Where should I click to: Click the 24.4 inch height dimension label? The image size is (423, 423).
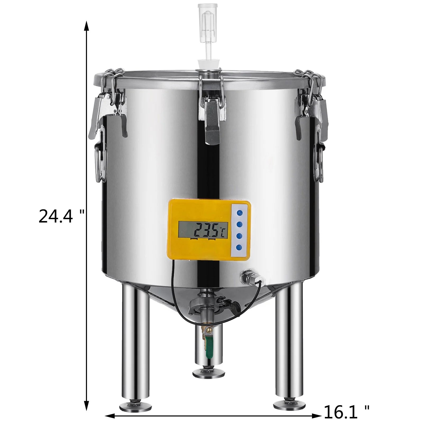[61, 216]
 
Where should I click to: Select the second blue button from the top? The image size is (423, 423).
[240, 224]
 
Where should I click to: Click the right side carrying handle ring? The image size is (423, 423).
[318, 164]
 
